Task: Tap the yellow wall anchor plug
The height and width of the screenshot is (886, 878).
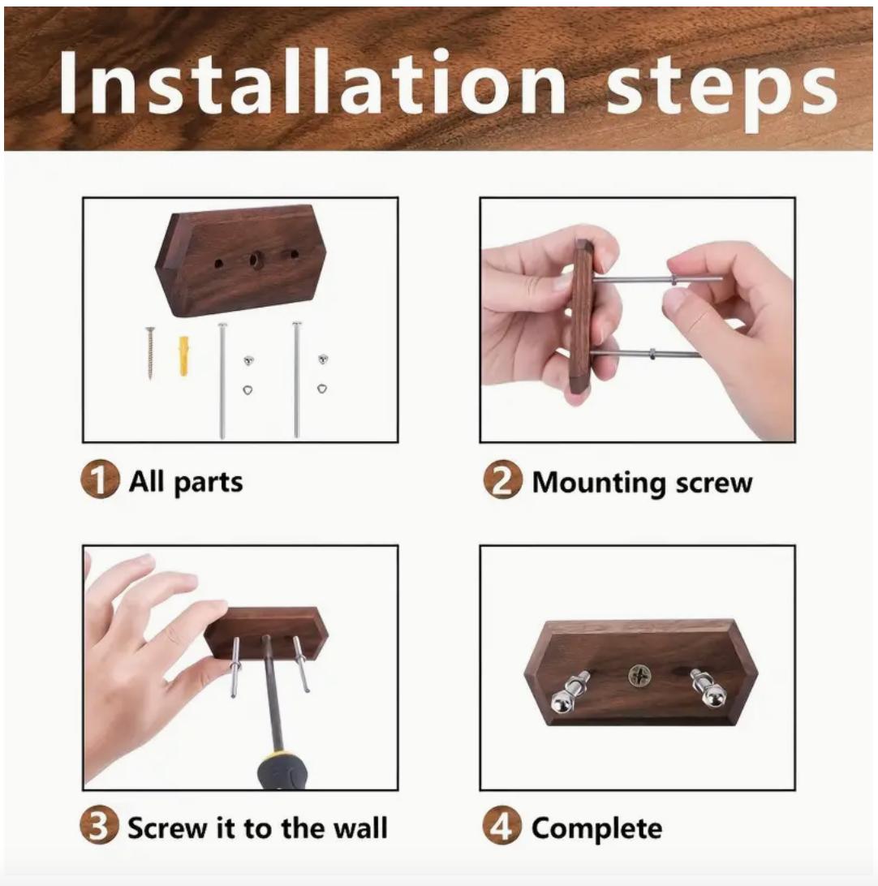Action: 184,355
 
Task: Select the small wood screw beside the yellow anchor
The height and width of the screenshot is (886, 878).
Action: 150,352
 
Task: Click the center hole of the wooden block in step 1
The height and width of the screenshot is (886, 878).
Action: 254,260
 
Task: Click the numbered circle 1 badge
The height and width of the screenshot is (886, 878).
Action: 99,481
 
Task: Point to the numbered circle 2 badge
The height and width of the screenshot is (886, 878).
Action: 501,482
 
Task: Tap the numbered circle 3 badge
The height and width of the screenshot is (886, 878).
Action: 99,828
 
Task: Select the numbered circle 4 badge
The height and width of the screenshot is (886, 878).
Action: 501,828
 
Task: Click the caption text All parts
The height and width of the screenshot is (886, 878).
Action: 186,482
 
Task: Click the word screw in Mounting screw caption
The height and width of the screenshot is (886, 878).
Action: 708,483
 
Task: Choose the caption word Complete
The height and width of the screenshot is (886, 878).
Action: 596,829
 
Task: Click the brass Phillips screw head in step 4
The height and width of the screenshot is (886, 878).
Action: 640,673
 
